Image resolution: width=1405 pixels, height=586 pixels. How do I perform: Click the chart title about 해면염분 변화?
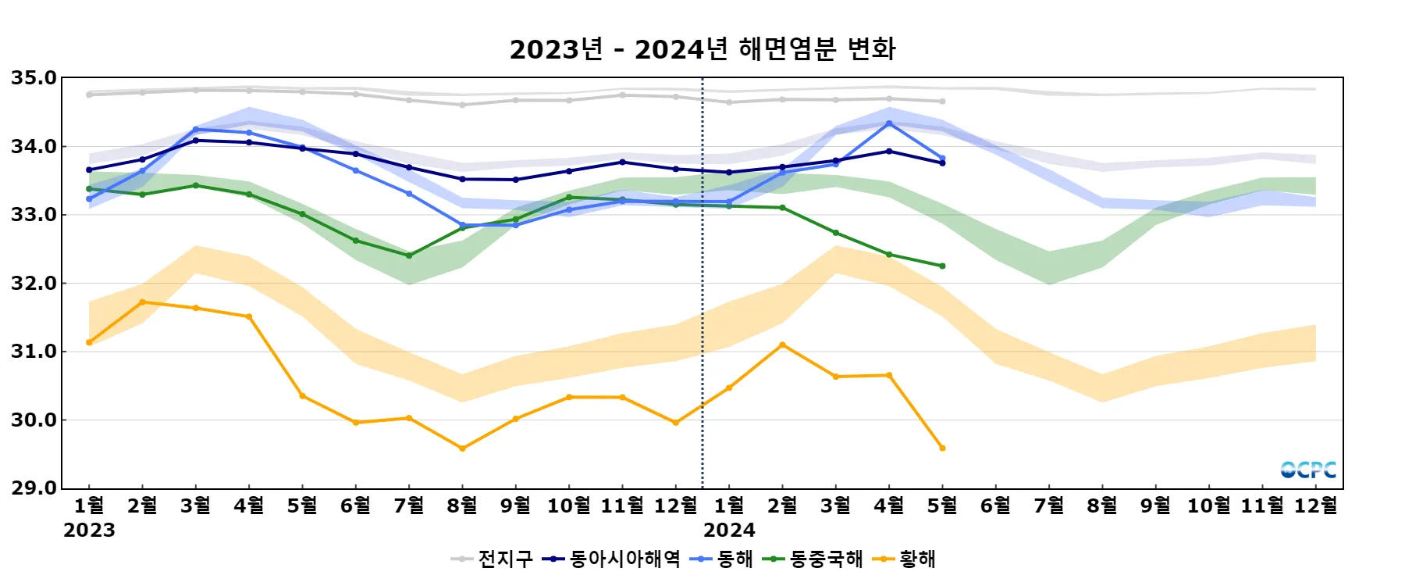point(702,49)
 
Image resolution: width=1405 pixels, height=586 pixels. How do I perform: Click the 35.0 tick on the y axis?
point(34,78)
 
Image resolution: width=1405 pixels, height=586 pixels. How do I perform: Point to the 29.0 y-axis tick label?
point(34,488)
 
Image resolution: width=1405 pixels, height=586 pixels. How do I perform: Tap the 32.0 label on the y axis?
point(34,284)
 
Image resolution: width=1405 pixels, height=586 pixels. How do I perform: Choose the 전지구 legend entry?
point(492,559)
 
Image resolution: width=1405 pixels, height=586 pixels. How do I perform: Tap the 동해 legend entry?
point(722,559)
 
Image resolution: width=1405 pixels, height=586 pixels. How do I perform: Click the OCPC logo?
point(1308,470)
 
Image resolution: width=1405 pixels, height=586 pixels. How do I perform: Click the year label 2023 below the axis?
point(89,531)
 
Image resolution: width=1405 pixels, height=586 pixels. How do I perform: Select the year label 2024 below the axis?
point(729,531)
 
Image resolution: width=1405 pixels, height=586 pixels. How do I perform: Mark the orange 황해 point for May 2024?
point(942,448)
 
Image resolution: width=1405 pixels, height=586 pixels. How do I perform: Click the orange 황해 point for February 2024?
point(782,345)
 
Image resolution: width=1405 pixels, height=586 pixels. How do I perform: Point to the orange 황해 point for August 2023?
point(462,448)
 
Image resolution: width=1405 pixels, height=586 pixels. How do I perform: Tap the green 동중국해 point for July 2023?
point(409,255)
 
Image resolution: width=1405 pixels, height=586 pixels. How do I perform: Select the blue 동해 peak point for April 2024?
point(889,123)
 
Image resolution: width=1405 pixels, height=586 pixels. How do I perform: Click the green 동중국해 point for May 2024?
point(942,266)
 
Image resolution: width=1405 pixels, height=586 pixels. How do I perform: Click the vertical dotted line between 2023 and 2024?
point(702,313)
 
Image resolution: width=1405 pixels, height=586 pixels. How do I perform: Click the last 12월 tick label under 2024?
point(1315,506)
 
